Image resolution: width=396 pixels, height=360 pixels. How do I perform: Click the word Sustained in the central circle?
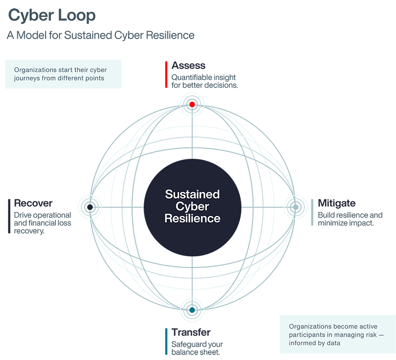192,194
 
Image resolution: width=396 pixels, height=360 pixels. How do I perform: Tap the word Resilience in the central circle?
192,218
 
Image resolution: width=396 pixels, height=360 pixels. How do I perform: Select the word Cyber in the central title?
192,206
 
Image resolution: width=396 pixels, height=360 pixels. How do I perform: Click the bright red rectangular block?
156,75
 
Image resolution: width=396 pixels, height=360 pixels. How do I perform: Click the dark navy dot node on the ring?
89,207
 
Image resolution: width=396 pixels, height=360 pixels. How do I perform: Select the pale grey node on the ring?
295,207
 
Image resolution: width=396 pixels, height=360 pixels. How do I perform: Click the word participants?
307,335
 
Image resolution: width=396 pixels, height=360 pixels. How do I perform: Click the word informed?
304,343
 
